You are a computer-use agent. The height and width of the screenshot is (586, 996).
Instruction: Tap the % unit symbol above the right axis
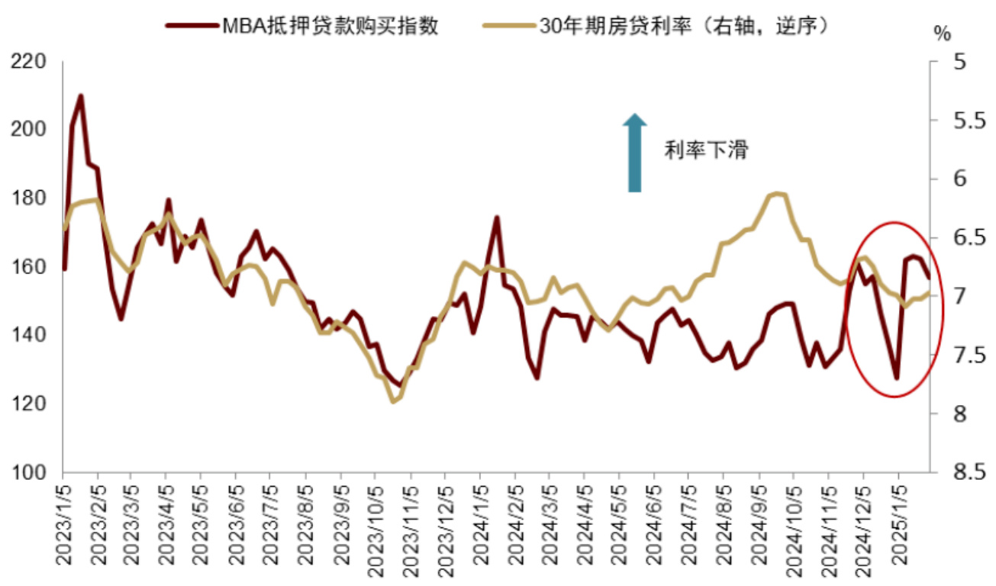943,34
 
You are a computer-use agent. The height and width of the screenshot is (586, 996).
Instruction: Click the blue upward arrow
634,153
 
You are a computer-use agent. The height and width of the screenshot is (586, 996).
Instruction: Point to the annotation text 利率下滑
706,150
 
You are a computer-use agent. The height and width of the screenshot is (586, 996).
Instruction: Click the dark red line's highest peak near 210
80,96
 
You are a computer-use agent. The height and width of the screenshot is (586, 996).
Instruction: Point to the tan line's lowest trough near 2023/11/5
393,401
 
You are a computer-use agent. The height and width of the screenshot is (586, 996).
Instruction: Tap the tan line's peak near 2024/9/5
776,194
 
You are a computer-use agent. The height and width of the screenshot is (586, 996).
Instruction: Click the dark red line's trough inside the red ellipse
897,378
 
